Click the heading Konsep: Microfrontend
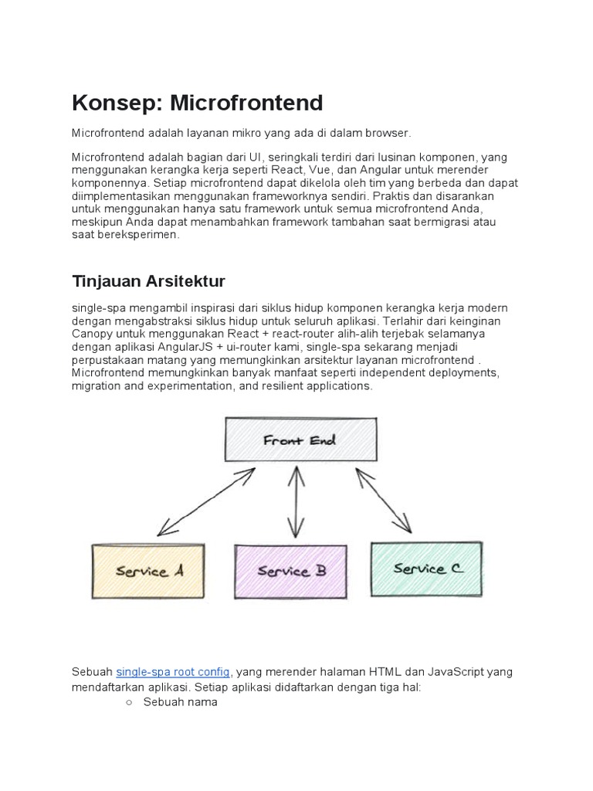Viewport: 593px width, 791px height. click(x=197, y=103)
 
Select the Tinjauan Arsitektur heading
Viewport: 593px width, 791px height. click(x=149, y=280)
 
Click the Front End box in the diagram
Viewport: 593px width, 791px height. click(x=300, y=440)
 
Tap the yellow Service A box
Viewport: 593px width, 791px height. click(x=149, y=571)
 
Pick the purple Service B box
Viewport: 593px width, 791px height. click(x=291, y=571)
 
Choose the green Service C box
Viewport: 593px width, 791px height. click(x=427, y=569)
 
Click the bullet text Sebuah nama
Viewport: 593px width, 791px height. click(x=181, y=702)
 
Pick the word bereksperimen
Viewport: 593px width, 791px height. click(x=137, y=235)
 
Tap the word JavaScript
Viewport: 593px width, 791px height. click(x=446, y=672)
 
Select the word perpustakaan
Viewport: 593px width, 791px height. click(x=110, y=360)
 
